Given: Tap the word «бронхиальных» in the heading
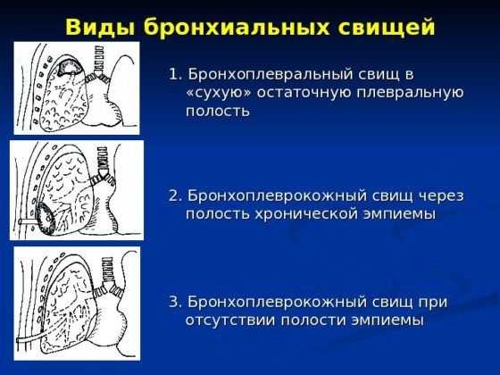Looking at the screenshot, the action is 237,28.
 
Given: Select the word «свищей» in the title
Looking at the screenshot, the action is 387,28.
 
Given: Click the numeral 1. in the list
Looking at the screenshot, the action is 176,75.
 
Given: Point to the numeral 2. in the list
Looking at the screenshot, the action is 175,196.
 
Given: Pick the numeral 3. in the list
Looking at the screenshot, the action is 175,302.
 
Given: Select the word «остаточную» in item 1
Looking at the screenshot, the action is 304,93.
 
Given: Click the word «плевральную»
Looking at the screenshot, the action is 410,93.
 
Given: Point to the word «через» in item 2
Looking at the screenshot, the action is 441,196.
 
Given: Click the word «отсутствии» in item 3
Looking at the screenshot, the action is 230,321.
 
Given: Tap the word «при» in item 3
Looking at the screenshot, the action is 433,303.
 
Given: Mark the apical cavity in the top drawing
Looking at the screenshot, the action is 69,68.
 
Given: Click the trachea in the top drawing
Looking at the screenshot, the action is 99,59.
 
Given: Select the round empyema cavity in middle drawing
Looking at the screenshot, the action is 45,216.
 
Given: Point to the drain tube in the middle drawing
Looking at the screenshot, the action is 28,221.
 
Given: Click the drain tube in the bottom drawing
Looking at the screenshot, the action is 29,338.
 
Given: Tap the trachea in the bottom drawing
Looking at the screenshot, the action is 107,270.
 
